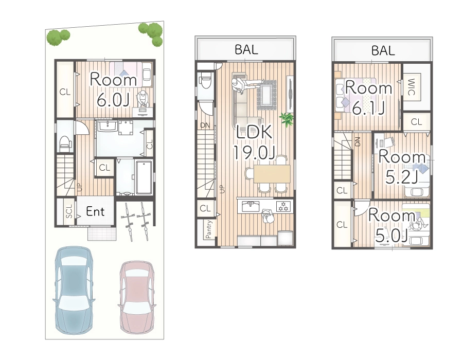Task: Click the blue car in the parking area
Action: click(74, 291)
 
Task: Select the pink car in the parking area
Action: click(137, 297)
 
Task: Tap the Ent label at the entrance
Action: click(95, 211)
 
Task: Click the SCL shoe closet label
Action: click(69, 211)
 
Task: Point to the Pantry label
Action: click(208, 229)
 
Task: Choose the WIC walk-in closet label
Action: click(411, 87)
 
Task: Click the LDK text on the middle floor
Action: click(254, 132)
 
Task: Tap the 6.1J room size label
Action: click(368, 109)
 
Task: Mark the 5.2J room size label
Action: click(402, 177)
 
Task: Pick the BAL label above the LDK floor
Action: click(246, 49)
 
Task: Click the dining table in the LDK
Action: click(272, 174)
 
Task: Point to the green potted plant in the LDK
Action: click(287, 119)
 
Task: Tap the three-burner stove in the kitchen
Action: click(283, 206)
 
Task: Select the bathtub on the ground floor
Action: click(144, 177)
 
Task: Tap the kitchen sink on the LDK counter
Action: click(251, 206)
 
